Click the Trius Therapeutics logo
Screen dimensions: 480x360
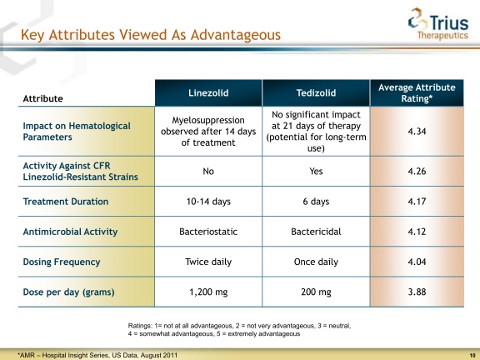[x=438, y=24]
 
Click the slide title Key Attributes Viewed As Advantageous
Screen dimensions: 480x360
[x=151, y=35]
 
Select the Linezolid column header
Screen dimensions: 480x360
[x=208, y=92]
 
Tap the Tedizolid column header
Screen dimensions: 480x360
[x=316, y=92]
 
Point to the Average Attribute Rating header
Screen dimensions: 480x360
[x=417, y=92]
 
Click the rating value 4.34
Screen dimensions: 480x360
[x=417, y=132]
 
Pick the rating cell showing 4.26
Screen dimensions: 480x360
[x=417, y=171]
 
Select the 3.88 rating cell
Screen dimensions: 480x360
[x=417, y=292]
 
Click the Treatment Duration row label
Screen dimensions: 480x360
[x=66, y=202]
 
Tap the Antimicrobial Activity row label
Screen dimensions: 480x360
[x=70, y=232]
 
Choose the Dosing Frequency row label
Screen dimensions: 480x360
[x=62, y=262]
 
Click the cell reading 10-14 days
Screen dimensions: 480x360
[x=208, y=202]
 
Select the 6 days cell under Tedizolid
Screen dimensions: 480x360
[x=316, y=202]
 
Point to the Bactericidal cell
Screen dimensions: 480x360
[x=316, y=232]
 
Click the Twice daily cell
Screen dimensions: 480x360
[x=208, y=262]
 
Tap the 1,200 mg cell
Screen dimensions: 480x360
[x=208, y=292]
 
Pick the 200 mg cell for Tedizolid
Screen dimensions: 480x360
[x=316, y=292]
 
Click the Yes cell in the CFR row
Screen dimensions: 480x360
[x=316, y=171]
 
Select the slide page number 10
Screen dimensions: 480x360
[x=472, y=355]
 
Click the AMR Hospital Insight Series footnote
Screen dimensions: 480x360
[x=97, y=355]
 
